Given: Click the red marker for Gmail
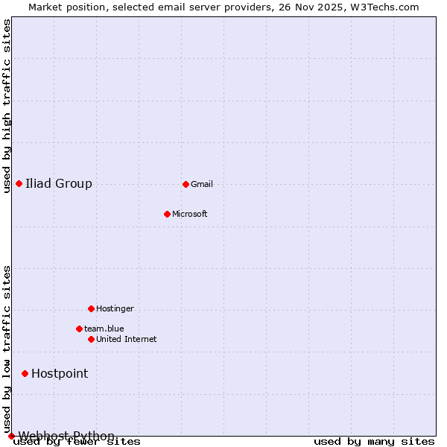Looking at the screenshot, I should coord(186,184).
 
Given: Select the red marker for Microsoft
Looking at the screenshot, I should coord(167,214).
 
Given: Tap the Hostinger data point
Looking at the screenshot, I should coord(91,308).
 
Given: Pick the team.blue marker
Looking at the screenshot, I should coord(79,329).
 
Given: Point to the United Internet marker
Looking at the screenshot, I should coord(91,339).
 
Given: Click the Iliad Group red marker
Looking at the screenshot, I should coord(19,183).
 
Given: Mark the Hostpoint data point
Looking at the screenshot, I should coord(25,373).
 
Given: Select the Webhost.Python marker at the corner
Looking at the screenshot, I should coord(11,436).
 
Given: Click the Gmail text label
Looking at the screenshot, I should coord(202,184).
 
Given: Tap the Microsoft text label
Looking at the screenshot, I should coord(190,214).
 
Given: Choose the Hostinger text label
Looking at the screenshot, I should coord(115,308).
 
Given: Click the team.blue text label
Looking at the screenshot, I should coord(104,329).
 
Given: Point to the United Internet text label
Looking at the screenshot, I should coord(127,339).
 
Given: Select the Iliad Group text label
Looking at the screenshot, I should coord(59,183).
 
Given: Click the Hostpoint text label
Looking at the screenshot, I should coord(60,373).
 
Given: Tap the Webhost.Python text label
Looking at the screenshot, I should coord(66,436).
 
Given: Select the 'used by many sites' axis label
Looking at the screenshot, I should coord(373,441).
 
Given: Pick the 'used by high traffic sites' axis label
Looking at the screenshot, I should coord(7,106).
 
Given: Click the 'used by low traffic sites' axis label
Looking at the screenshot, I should coord(7,349).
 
